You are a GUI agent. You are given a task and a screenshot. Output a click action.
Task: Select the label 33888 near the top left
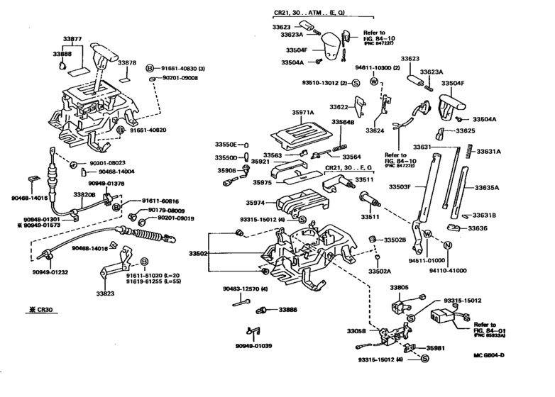[x=62, y=54]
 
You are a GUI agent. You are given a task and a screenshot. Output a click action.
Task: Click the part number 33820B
[x=84, y=194]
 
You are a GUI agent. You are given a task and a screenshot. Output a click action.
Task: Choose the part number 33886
[x=288, y=310]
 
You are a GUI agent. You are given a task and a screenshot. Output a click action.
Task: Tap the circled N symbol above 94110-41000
[x=448, y=246]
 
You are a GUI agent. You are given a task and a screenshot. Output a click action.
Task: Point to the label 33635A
[x=487, y=188]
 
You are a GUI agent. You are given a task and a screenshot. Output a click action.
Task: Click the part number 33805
[x=399, y=288]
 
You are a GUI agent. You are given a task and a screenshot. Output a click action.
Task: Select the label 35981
[x=434, y=348]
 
